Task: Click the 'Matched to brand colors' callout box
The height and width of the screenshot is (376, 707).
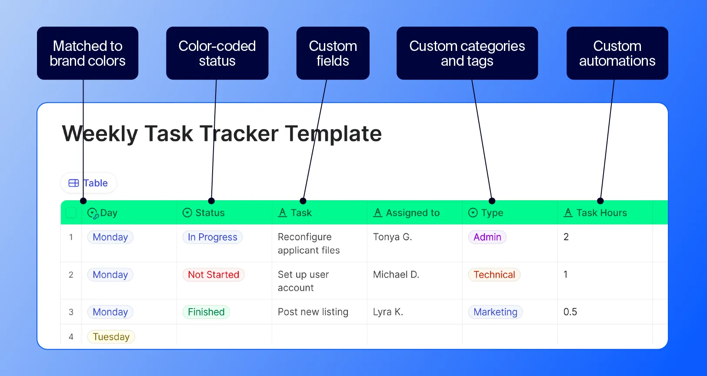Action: [x=87, y=53]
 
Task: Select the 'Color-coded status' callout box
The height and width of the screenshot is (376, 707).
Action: [x=217, y=53]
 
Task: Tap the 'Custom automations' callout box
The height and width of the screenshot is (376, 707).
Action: [x=617, y=53]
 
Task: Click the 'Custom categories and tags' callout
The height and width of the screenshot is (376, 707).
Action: [x=467, y=53]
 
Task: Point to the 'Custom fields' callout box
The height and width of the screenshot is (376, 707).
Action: [x=333, y=53]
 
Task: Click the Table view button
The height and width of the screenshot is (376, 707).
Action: [x=89, y=183]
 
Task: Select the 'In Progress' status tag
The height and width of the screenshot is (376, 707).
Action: [x=212, y=237]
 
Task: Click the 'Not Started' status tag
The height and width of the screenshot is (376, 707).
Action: [x=213, y=275]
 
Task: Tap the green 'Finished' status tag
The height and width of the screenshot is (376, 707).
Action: [x=206, y=312]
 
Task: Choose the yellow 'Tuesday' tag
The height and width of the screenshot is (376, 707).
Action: [x=111, y=337]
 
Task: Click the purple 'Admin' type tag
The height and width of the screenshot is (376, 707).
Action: [x=487, y=237]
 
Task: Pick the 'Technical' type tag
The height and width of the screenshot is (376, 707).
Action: [x=494, y=275]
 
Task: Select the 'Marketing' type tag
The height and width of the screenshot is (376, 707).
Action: [x=495, y=312]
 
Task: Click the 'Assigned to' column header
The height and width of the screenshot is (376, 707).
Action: [x=412, y=213]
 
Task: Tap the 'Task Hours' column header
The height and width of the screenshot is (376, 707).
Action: [x=601, y=213]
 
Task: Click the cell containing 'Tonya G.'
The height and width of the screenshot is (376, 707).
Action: [x=392, y=237]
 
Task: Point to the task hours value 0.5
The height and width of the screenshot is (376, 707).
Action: [x=570, y=312]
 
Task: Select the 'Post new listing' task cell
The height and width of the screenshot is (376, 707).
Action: [x=313, y=312]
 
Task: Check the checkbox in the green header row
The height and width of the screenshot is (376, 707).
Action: [x=71, y=213]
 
